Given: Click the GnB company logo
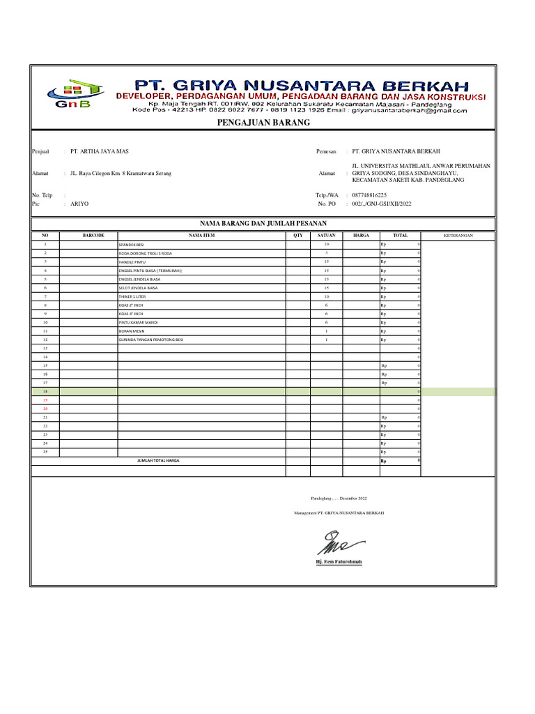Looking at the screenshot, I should [x=73, y=94].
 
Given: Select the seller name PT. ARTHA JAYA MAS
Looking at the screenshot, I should [x=100, y=151].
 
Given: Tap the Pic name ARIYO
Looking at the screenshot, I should [x=79, y=204].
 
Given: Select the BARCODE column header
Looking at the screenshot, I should [x=93, y=236].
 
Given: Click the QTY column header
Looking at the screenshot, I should [x=298, y=236].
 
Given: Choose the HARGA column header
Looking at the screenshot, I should [x=361, y=236].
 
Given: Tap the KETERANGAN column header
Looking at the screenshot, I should [x=458, y=236].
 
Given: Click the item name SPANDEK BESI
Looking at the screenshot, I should [x=131, y=245].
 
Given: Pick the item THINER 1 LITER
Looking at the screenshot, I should [x=131, y=296].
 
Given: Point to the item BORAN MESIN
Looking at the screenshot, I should [x=130, y=331].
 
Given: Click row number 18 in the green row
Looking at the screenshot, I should [x=45, y=393].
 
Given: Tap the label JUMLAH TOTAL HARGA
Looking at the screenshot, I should [x=158, y=461].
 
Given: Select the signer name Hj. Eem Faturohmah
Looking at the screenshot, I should [x=339, y=561].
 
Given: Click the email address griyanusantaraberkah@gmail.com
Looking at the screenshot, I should [x=409, y=110].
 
